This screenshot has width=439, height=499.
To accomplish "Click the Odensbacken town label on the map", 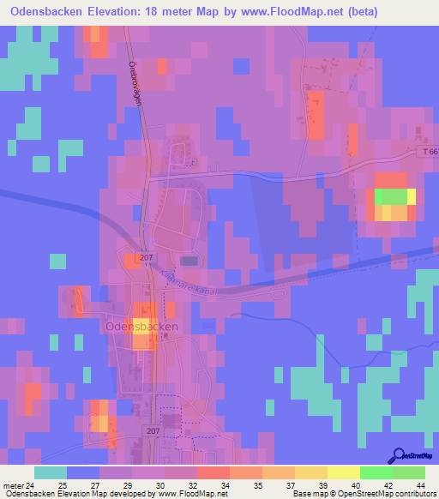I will pos(141,327).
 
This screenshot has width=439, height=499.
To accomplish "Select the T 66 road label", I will pos(430,152).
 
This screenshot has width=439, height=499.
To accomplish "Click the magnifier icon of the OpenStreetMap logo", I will pos(399,454).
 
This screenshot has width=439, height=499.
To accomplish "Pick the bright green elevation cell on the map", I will pos(390,195).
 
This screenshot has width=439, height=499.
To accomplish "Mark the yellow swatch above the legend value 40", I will pos(343,472).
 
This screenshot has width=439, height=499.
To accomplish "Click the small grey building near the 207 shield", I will pos(189,261).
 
